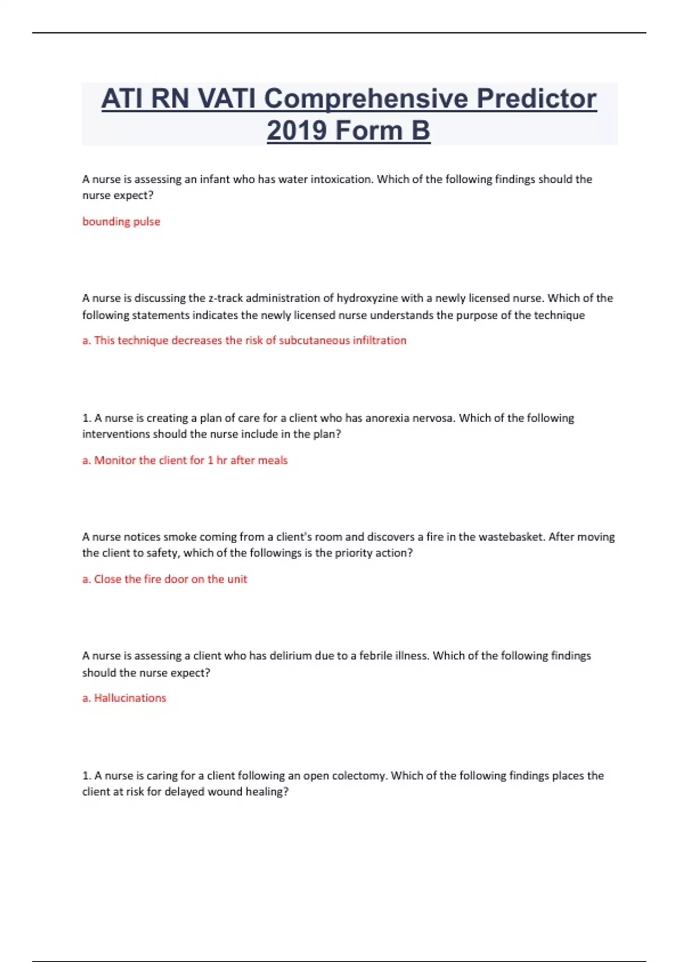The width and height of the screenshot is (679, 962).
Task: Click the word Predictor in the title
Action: pyautogui.click(x=536, y=99)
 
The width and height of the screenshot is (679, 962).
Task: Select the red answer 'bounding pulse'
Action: pyautogui.click(x=121, y=222)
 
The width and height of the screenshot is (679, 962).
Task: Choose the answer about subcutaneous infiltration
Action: pyautogui.click(x=244, y=341)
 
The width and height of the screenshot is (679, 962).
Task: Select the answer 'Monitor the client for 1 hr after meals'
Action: pyautogui.click(x=185, y=461)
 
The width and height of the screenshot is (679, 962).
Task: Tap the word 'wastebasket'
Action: pyautogui.click(x=512, y=537)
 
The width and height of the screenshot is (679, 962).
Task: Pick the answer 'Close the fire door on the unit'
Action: pyautogui.click(x=165, y=579)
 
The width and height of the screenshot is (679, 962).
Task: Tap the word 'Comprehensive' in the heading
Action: pyautogui.click(x=366, y=99)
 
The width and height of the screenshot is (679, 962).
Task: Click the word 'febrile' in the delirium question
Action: pyautogui.click(x=377, y=656)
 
